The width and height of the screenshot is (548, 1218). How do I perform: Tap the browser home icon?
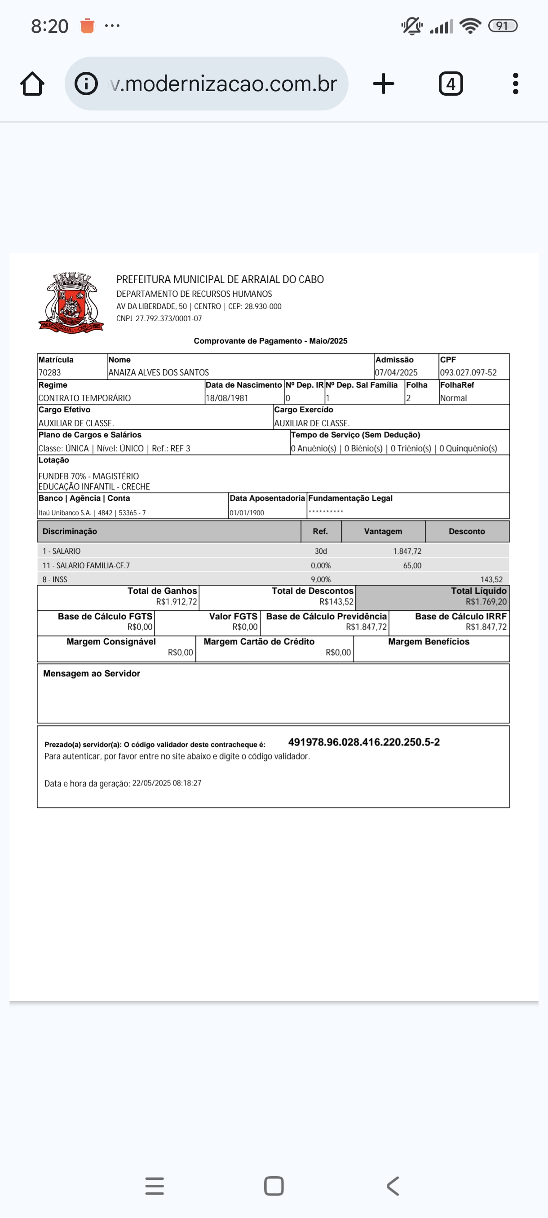32,84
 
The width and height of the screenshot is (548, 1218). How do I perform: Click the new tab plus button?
383,84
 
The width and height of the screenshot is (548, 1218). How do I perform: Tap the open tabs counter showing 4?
451,84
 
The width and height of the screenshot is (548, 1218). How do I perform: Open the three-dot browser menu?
515,84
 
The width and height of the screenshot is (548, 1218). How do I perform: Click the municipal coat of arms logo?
71,303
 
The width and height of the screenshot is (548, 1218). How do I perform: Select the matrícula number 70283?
50,373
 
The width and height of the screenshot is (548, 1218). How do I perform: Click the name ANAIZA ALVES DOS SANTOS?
159,373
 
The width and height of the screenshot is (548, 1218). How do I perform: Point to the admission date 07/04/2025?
396,373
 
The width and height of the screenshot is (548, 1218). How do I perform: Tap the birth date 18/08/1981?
226,398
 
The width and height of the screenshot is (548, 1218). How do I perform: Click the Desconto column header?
467,531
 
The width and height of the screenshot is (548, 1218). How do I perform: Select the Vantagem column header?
383,531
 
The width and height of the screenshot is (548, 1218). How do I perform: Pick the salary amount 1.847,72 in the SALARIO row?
407,552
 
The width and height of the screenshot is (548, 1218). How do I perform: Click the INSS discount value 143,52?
491,579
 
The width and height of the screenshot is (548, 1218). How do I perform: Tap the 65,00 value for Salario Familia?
412,565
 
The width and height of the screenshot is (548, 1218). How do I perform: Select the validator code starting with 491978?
363,742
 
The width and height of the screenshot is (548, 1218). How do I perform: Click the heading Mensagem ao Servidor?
91,673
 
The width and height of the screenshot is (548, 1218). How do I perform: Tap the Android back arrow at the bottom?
393,1186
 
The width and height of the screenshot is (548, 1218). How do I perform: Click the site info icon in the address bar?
86,84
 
